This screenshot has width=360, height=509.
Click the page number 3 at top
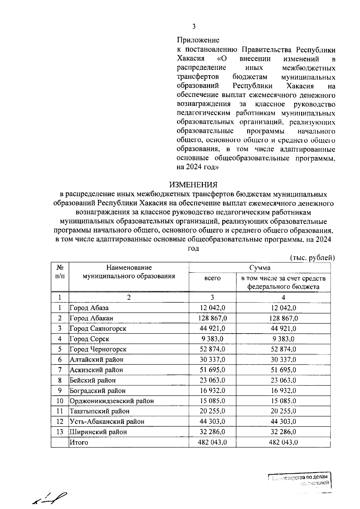194,27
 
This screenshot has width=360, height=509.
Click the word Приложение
198,40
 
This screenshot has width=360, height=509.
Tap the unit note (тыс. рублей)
312,257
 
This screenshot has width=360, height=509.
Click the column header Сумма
260,267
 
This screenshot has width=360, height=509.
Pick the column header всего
212,278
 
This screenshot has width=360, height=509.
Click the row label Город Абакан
91,318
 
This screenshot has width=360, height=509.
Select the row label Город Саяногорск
98,329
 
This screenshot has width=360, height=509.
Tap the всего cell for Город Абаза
212,308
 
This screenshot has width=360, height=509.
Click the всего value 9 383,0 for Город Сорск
212,339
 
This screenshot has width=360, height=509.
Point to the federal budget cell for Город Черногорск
283,349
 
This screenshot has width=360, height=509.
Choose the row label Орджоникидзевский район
112,401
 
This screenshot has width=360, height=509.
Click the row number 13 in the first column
60,432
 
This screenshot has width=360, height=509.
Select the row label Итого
79,442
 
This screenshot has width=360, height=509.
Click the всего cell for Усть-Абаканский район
212,421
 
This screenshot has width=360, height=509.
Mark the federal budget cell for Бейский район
283,380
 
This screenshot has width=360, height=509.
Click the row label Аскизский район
96,370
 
